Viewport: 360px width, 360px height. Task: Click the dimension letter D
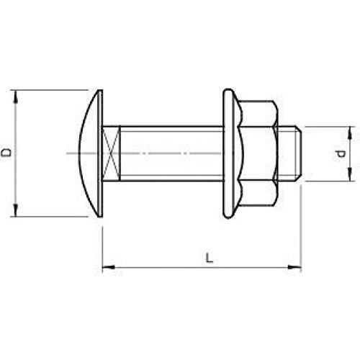[6, 153]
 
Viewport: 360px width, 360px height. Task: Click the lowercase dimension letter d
[341, 153]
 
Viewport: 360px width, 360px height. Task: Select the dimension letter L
[210, 258]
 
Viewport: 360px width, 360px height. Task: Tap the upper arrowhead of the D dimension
[16, 97]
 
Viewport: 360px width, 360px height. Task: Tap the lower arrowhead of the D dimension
[16, 210]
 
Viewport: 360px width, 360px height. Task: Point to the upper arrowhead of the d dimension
[350, 132]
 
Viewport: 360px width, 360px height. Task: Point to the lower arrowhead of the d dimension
[350, 174]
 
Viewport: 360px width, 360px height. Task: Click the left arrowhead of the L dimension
[109, 267]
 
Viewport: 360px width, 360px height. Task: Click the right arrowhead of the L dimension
[294, 267]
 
